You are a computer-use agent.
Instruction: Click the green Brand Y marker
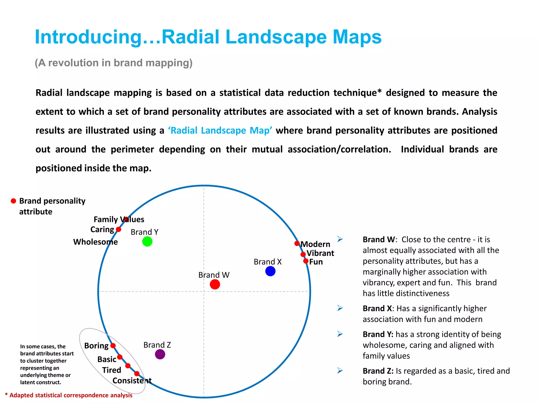coord(147,241)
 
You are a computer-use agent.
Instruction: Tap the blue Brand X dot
coord(270,271)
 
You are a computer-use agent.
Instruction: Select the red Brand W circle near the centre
coord(215,284)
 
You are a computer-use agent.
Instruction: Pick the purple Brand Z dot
coord(160,354)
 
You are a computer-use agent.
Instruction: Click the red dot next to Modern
coord(297,243)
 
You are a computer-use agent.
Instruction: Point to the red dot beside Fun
coord(306,261)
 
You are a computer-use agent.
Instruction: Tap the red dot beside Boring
coord(113,346)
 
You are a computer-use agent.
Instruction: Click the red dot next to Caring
coord(118,229)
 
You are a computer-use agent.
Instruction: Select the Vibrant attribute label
coord(320,253)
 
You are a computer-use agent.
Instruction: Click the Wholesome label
coord(95,242)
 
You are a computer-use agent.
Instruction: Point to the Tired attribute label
coord(112,370)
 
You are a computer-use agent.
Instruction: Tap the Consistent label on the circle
coord(132,381)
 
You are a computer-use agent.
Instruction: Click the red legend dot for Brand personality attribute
coord(13,201)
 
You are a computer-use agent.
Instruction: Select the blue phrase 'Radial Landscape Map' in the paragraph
coord(220,130)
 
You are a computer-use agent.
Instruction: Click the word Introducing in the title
coord(88,37)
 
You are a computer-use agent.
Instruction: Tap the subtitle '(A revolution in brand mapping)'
coord(113,63)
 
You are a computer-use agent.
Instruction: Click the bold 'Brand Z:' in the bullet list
coord(378,371)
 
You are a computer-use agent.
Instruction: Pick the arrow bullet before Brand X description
coord(340,308)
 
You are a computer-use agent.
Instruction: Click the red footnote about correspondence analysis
coord(69,395)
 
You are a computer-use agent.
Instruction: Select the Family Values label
coord(119,219)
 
